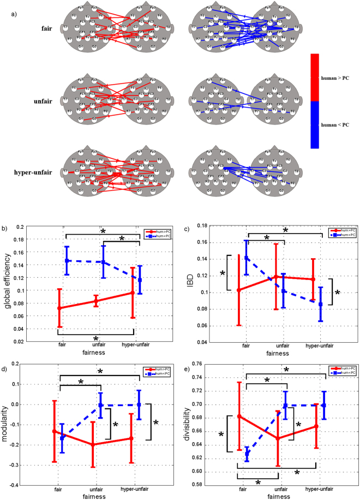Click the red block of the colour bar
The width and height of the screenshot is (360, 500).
click(x=318, y=77)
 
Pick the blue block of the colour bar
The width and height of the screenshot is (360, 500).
click(x=318, y=124)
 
